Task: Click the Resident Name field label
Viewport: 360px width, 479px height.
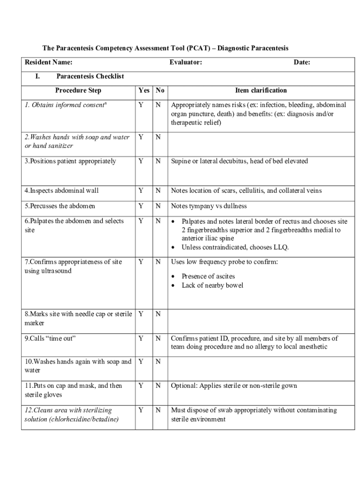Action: (x=48, y=62)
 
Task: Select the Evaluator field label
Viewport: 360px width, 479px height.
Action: (x=186, y=62)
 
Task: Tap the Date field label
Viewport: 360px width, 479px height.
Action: (x=302, y=62)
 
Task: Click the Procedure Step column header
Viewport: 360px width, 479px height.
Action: (x=78, y=90)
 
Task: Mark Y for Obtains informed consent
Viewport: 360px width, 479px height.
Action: (x=141, y=105)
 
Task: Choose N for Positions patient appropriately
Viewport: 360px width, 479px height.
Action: (x=158, y=161)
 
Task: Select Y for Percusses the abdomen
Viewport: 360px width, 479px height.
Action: (x=141, y=206)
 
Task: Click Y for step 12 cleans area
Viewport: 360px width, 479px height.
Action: (x=141, y=411)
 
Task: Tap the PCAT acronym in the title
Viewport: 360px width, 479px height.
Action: (x=198, y=48)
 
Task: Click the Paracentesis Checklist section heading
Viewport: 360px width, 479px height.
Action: (x=90, y=76)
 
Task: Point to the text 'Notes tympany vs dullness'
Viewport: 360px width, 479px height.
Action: (x=209, y=206)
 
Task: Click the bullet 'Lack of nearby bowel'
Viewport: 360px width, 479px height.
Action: (x=212, y=285)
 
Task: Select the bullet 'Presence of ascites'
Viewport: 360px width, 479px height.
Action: (x=208, y=276)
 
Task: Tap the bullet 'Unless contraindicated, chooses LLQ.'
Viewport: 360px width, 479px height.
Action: (x=235, y=247)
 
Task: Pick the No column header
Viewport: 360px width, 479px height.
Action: (x=160, y=90)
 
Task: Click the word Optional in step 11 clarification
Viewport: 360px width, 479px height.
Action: (x=184, y=386)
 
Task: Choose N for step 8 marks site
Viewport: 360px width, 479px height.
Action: (x=158, y=314)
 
